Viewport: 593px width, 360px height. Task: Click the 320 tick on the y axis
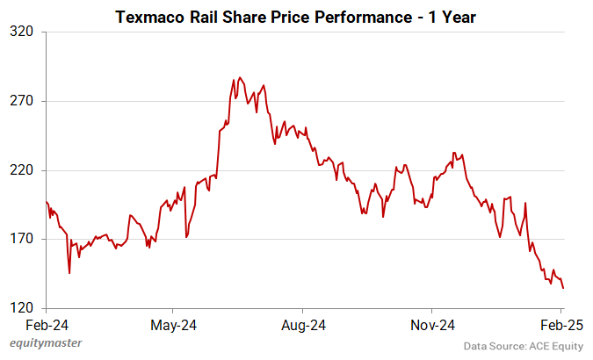click(x=21, y=32)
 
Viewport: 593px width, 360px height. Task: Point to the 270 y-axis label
click(x=21, y=101)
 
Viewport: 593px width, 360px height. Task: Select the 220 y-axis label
click(x=21, y=170)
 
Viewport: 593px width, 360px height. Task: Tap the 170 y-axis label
click(x=21, y=239)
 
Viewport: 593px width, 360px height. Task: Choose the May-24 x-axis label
click(x=174, y=325)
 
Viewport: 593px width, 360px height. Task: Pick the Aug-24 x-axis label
click(x=303, y=325)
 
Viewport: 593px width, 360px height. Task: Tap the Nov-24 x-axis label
click(x=433, y=325)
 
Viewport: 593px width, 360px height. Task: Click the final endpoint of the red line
click(x=563, y=288)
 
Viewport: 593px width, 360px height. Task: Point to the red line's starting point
click(x=46, y=202)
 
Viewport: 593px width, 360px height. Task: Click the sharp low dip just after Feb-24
click(x=69, y=273)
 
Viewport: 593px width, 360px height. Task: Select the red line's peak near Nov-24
click(x=453, y=153)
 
